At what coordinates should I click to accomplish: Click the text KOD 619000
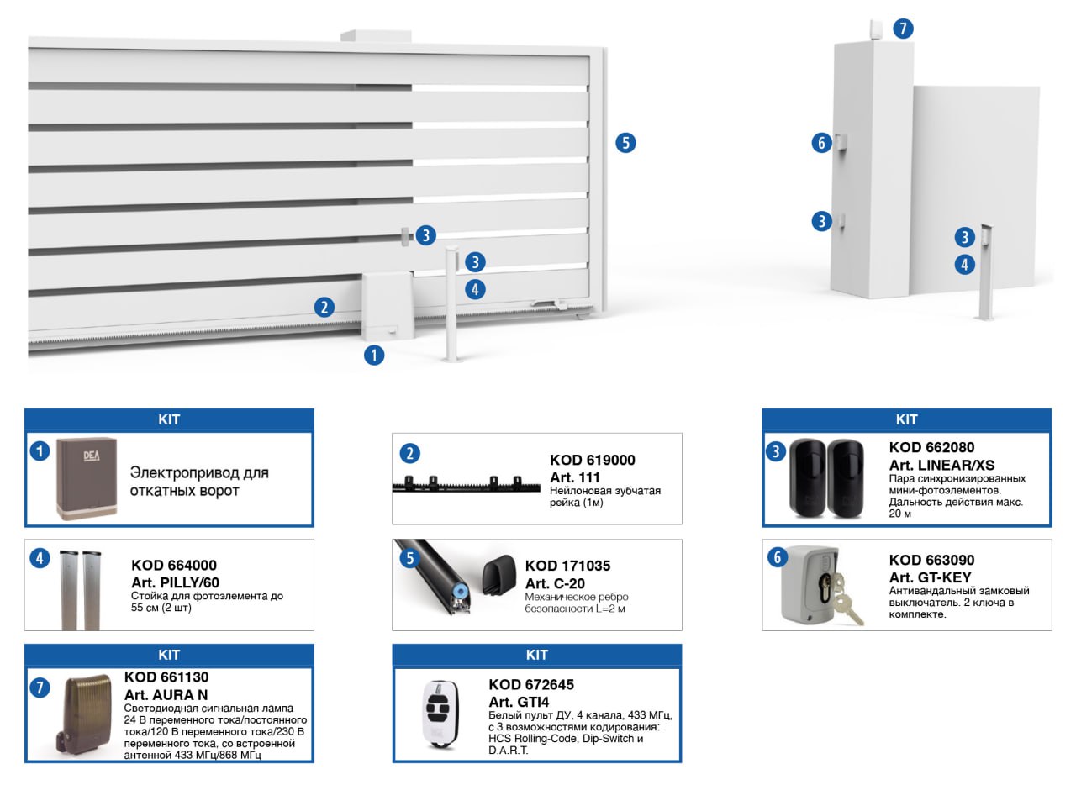tap(592, 460)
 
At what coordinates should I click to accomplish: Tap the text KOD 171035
tap(567, 566)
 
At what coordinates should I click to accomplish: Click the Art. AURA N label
tap(166, 695)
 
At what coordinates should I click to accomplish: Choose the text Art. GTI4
tap(519, 702)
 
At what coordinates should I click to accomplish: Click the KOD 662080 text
tap(931, 448)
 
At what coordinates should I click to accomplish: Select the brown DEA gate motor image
tap(87, 479)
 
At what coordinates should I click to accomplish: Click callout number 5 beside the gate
tap(625, 143)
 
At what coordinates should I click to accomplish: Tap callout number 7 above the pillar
tap(903, 29)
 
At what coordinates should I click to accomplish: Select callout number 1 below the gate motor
tap(373, 355)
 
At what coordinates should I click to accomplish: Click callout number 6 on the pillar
tap(821, 143)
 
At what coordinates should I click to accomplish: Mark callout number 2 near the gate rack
tap(324, 307)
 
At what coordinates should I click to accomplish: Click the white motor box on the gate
tap(387, 304)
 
